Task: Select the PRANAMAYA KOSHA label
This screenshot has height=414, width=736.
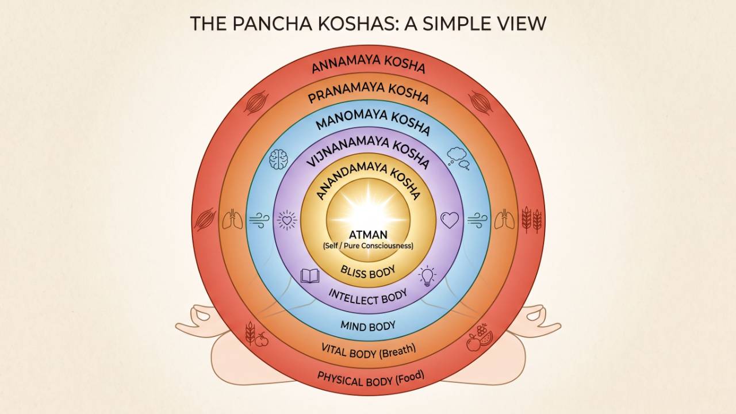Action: (x=369, y=93)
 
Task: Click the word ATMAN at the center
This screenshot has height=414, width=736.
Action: (x=368, y=235)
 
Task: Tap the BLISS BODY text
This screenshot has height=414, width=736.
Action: (x=368, y=272)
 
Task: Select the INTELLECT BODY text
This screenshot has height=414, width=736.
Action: (x=368, y=297)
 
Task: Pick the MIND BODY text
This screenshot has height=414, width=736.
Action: (x=368, y=325)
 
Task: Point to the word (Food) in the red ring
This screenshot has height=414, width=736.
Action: (x=409, y=377)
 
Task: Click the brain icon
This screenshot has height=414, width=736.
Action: (x=279, y=159)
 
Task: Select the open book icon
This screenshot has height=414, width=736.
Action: (x=310, y=276)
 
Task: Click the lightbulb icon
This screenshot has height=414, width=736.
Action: (x=427, y=276)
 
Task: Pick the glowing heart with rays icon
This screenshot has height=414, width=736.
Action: (x=287, y=220)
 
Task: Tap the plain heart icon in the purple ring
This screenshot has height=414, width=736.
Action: (x=450, y=220)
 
